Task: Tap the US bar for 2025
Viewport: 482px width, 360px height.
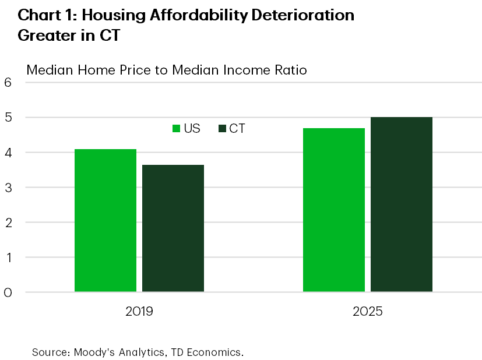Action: pyautogui.click(x=333, y=210)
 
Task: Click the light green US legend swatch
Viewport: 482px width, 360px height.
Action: pyautogui.click(x=175, y=129)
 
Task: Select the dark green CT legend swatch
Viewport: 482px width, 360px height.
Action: pyautogui.click(x=221, y=129)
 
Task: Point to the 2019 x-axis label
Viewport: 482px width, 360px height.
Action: pyautogui.click(x=139, y=311)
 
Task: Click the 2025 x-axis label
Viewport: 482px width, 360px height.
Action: pyautogui.click(x=367, y=311)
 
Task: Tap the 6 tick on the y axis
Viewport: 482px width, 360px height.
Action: pyautogui.click(x=8, y=83)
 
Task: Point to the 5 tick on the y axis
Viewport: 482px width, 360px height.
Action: pyautogui.click(x=8, y=118)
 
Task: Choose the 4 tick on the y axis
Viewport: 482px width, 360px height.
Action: pyautogui.click(x=8, y=153)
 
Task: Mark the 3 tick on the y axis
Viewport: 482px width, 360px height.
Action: pyautogui.click(x=8, y=188)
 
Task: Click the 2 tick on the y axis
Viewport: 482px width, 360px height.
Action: pyautogui.click(x=8, y=223)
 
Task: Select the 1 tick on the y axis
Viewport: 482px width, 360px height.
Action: pyautogui.click(x=8, y=257)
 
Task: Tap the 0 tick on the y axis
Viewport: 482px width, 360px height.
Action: pyautogui.click(x=8, y=292)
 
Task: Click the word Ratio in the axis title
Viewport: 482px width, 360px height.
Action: pyautogui.click(x=288, y=70)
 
